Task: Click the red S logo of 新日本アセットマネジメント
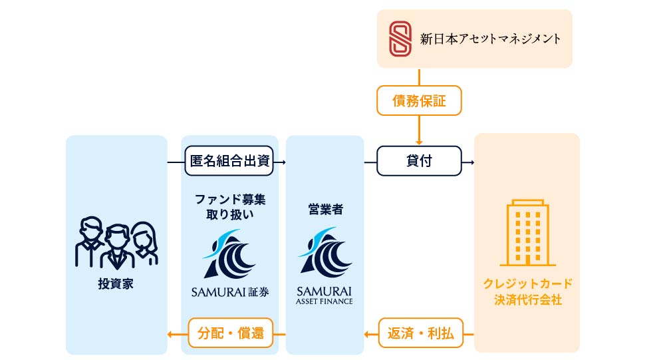[400, 38]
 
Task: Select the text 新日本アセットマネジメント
[490, 39]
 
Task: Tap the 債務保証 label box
[419, 102]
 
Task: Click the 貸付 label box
[419, 161]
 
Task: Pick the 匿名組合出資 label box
[229, 161]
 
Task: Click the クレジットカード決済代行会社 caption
[527, 291]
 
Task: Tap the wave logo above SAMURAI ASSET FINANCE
[325, 253]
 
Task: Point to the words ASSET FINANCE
[325, 301]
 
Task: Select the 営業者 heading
[325, 209]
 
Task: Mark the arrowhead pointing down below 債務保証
[419, 141]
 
